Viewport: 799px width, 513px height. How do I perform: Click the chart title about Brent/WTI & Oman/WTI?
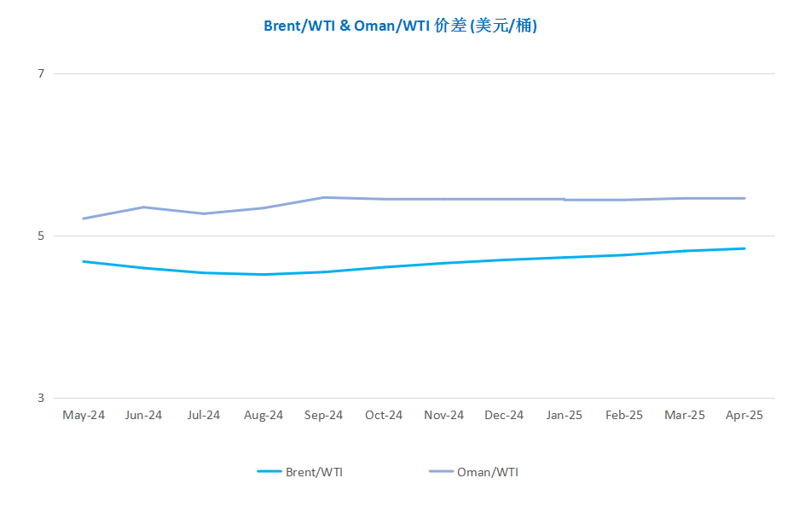tap(400, 26)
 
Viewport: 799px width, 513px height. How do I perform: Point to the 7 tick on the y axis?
tap(41, 74)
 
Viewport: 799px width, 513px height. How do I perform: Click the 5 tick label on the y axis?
tap(41, 236)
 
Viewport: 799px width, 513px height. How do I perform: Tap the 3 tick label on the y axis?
tap(41, 399)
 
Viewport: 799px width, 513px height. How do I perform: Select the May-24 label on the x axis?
tap(84, 415)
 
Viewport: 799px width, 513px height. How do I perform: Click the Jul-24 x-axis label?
tap(204, 415)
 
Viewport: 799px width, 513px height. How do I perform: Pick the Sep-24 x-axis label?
tap(323, 415)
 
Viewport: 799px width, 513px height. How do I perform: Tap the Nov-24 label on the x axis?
tap(443, 415)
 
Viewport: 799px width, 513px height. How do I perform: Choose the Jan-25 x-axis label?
tap(565, 415)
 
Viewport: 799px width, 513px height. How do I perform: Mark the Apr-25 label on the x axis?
tap(744, 415)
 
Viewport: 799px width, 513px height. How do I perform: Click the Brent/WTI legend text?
tap(314, 472)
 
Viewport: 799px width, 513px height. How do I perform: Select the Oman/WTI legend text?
tap(488, 472)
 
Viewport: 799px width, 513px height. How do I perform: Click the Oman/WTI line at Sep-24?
tap(323, 197)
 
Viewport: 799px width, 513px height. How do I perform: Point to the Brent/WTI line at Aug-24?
tap(264, 274)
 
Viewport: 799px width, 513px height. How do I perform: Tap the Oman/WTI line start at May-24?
tap(84, 219)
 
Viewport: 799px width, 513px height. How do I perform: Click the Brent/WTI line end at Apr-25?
tap(744, 248)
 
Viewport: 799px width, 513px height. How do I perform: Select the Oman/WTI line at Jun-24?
tap(144, 207)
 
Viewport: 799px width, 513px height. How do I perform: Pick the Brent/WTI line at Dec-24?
tap(504, 260)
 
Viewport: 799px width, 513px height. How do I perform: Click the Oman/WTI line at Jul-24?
tap(204, 213)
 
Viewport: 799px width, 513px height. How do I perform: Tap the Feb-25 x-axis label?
tap(624, 415)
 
